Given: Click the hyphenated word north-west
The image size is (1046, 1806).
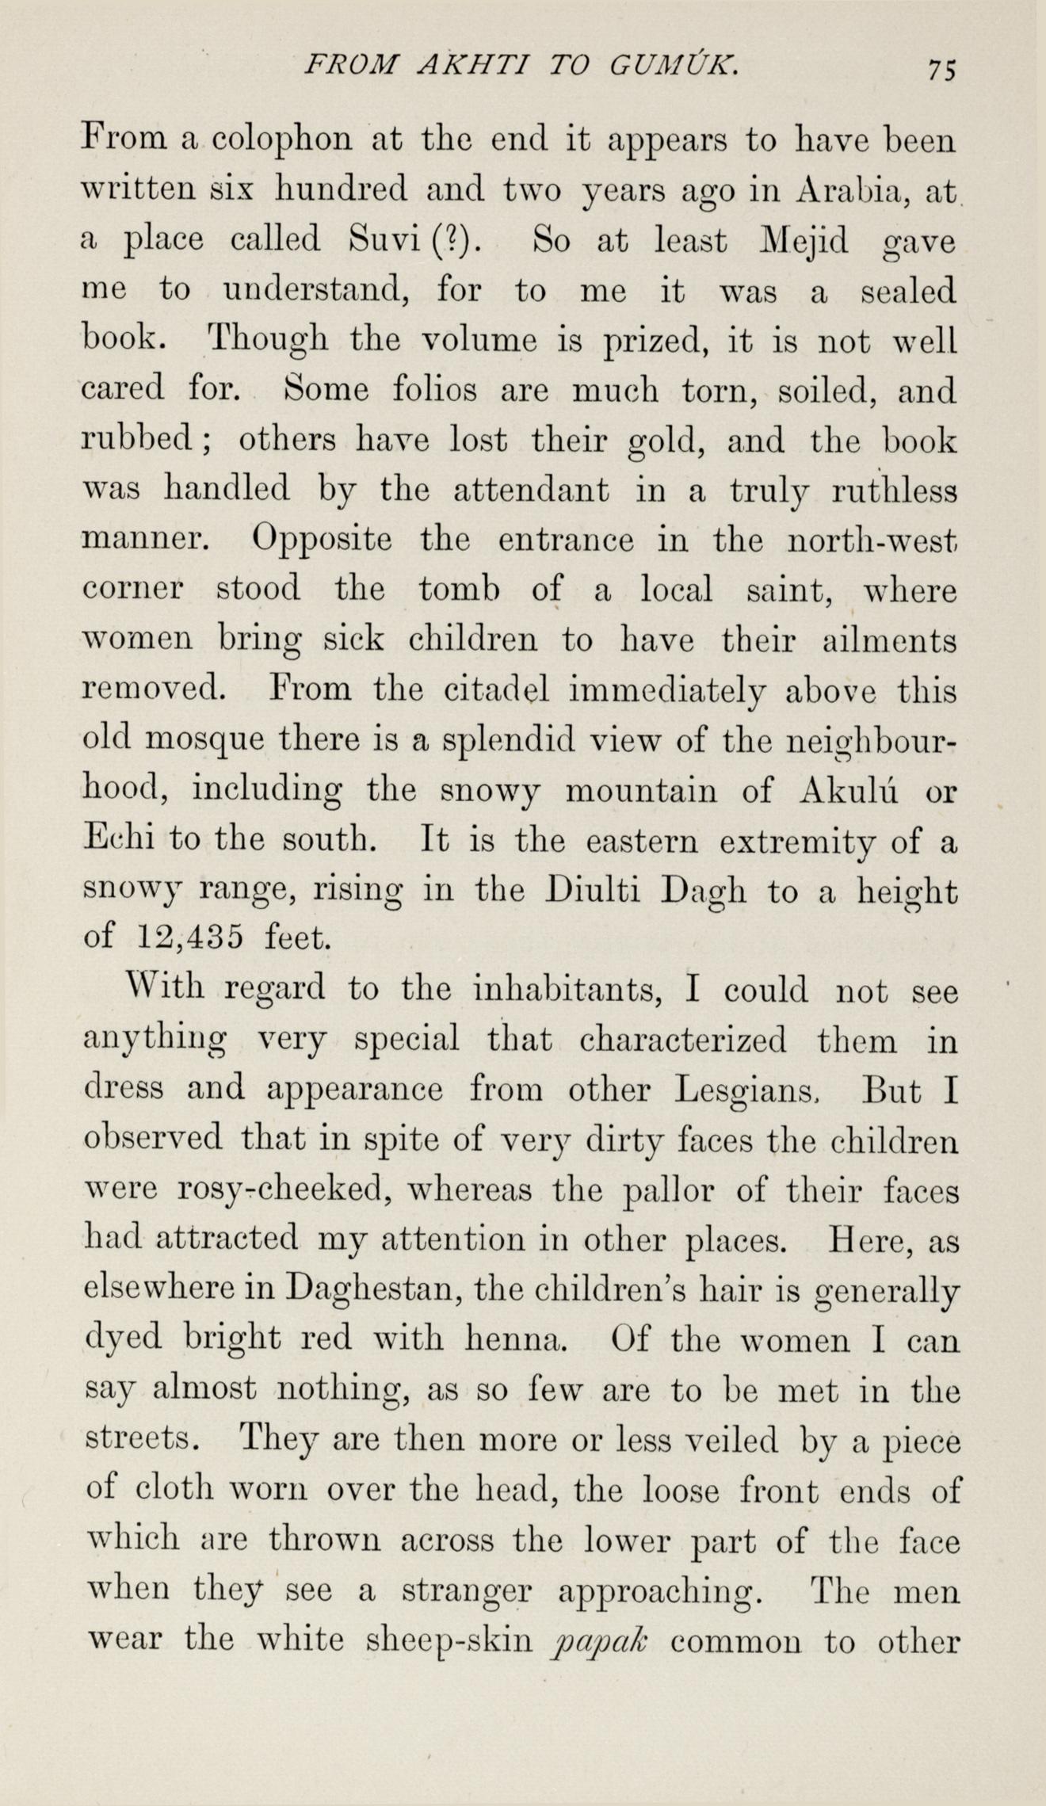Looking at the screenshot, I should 875,541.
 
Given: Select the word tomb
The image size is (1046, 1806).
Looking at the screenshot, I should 457,591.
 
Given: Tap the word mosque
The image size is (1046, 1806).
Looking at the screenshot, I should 208,743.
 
